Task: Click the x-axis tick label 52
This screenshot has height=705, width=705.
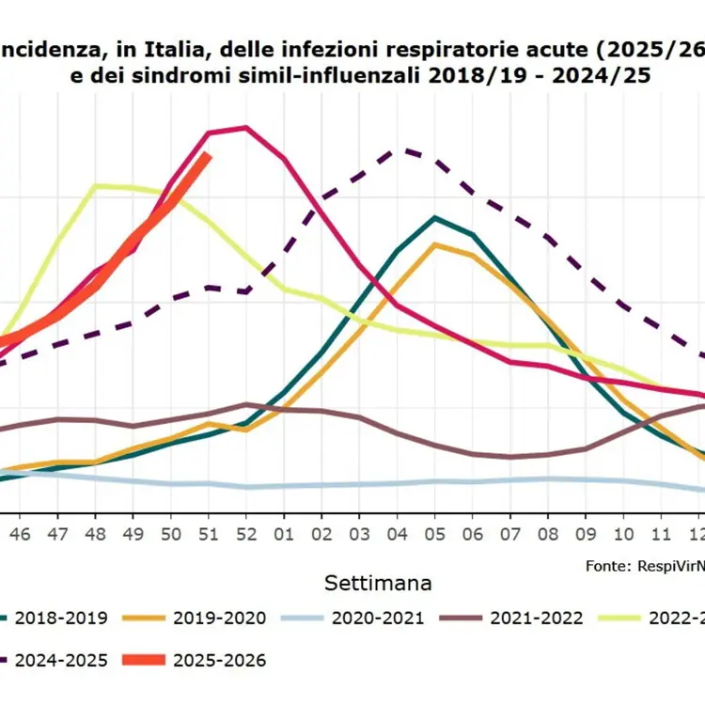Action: click(x=245, y=532)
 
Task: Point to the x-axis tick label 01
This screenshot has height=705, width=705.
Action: click(x=284, y=532)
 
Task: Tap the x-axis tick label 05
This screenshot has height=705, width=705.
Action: click(x=434, y=532)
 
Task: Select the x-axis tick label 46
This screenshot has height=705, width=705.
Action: click(x=20, y=532)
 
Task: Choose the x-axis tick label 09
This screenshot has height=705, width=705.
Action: click(x=586, y=532)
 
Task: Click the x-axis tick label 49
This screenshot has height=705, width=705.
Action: click(x=133, y=532)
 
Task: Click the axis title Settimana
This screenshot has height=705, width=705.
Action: click(x=379, y=583)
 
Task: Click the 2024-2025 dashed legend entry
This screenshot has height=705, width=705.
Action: click(x=61, y=661)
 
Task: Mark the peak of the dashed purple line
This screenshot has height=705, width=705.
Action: click(x=406, y=149)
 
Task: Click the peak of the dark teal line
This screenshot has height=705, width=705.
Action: click(x=434, y=217)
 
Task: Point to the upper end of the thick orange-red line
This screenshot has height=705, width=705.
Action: click(x=209, y=155)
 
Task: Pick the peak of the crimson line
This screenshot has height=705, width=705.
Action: click(x=245, y=127)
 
